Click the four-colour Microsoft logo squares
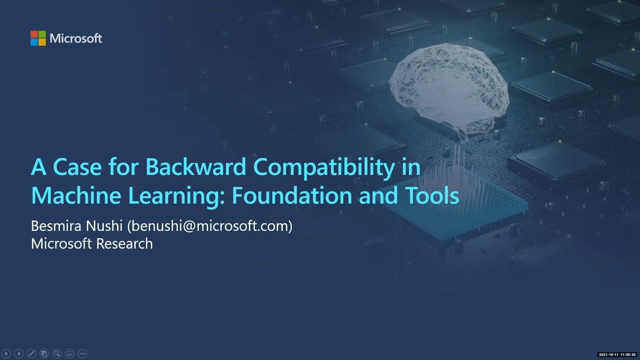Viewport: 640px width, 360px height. tap(38, 38)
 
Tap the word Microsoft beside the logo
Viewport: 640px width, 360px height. tap(75, 38)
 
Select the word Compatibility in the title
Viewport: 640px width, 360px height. tap(327, 167)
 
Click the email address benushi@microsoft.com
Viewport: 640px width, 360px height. tap(209, 226)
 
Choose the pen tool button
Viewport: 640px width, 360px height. tap(31, 353)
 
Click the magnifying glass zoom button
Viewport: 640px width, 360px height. tap(56, 353)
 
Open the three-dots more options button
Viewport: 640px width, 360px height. tap(82, 353)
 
